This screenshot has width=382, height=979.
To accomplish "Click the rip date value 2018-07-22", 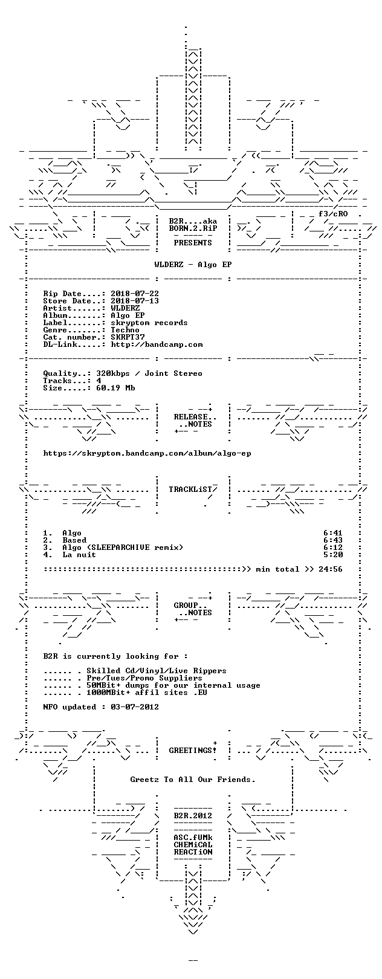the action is [x=135, y=294].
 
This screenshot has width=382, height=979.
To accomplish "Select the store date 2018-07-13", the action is [x=135, y=301].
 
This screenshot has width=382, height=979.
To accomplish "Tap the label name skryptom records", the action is [x=149, y=323].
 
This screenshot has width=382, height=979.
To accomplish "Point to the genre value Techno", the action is [x=125, y=330].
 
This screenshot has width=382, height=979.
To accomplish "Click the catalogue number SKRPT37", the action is [x=128, y=337].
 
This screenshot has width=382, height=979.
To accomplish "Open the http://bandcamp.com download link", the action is [x=157, y=345].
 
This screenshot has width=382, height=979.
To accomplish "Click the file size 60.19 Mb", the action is [x=115, y=388].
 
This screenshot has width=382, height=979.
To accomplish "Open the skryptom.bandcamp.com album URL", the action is [x=147, y=454].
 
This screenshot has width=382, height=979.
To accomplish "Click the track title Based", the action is [x=74, y=540].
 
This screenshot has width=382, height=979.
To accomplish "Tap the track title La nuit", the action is [x=79, y=555].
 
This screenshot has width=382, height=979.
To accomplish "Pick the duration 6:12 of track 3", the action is [x=333, y=548].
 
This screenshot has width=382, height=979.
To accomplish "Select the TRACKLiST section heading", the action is [x=190, y=489].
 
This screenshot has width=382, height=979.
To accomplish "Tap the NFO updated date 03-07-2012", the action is [x=135, y=707].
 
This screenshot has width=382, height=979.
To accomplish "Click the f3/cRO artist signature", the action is [x=333, y=214].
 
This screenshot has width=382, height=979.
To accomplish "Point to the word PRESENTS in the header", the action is [x=193, y=243].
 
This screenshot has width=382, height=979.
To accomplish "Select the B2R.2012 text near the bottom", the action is [x=193, y=816].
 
